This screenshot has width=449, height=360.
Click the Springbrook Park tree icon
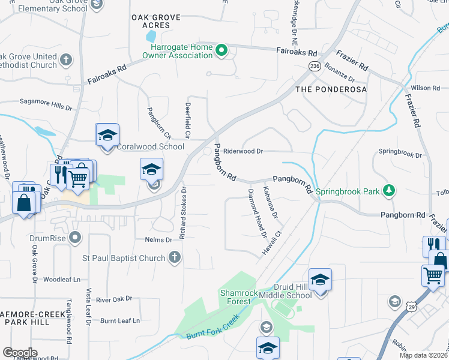390,191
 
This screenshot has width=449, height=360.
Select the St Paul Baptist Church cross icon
174,258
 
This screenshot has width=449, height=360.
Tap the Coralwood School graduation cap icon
107,135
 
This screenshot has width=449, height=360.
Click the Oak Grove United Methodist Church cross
65,60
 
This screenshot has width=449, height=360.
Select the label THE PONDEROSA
331,89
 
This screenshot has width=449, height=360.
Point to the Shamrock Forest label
239,297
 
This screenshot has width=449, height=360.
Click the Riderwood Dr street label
243,152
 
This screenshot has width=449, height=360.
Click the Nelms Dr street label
158,239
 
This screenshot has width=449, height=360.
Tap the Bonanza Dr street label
340,72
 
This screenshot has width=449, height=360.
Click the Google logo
20,353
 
